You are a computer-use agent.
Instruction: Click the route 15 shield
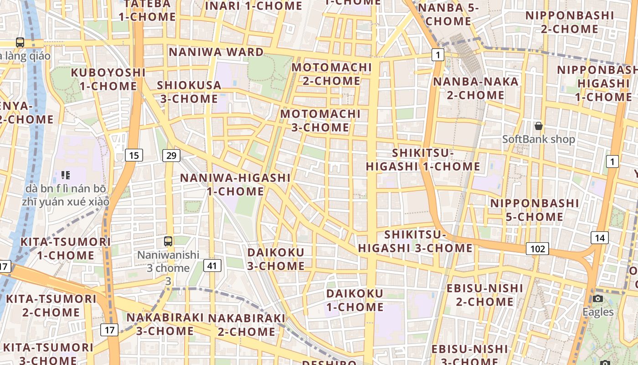[x=134, y=156]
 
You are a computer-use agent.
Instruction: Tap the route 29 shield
[x=171, y=156]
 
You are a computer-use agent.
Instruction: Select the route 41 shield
[x=212, y=265]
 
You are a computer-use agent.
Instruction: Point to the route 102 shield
[x=537, y=249]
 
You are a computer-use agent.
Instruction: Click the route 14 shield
[x=599, y=237]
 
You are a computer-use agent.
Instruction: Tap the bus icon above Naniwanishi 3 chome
[x=168, y=241]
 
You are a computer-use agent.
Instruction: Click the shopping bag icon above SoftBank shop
[x=539, y=126]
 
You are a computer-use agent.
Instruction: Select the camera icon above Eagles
[x=598, y=299]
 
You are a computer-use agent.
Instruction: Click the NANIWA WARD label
[x=216, y=52]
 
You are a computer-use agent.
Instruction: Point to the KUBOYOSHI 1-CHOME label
[x=108, y=79]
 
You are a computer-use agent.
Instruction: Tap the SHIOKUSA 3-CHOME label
[x=189, y=92]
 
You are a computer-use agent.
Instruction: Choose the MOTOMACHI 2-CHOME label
[x=332, y=74]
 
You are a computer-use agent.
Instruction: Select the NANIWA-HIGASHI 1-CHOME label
[x=235, y=184]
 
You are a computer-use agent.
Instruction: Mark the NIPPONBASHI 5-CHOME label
[x=534, y=209]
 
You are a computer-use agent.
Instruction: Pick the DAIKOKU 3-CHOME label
[x=276, y=259]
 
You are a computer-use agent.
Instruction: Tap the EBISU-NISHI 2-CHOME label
[x=485, y=295]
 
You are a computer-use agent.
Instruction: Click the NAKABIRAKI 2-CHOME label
[x=247, y=324]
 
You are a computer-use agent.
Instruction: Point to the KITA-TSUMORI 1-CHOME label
[x=66, y=248]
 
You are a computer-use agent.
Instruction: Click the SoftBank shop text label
[x=539, y=139]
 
